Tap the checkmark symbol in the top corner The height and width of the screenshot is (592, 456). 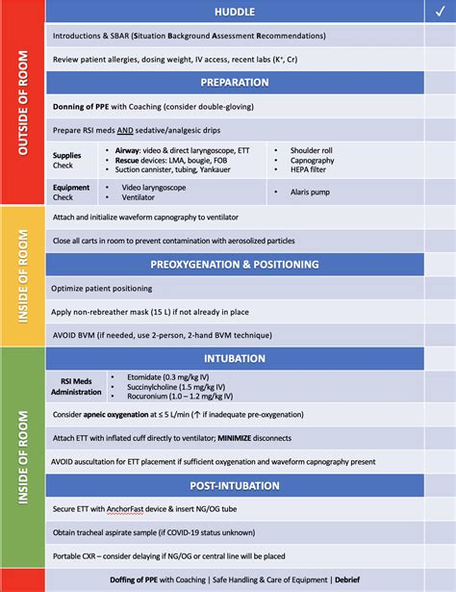[x=439, y=12]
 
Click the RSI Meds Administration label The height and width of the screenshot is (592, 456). [x=77, y=385]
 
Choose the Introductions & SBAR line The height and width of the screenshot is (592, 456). [x=190, y=36]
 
